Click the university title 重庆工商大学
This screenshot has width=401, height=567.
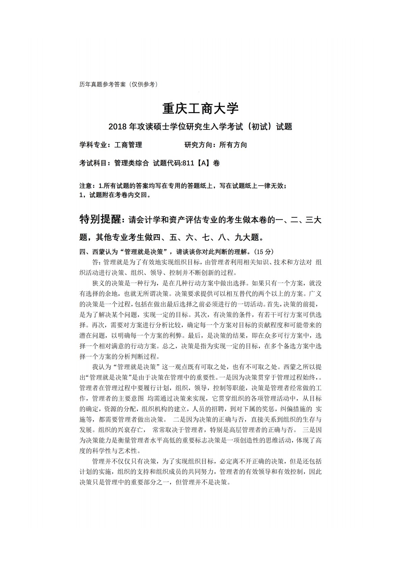[201, 108]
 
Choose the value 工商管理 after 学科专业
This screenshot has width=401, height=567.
[128, 145]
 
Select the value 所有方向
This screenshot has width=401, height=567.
[233, 145]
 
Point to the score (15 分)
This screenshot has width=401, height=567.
[263, 252]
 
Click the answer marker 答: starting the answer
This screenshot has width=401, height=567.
[96, 262]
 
